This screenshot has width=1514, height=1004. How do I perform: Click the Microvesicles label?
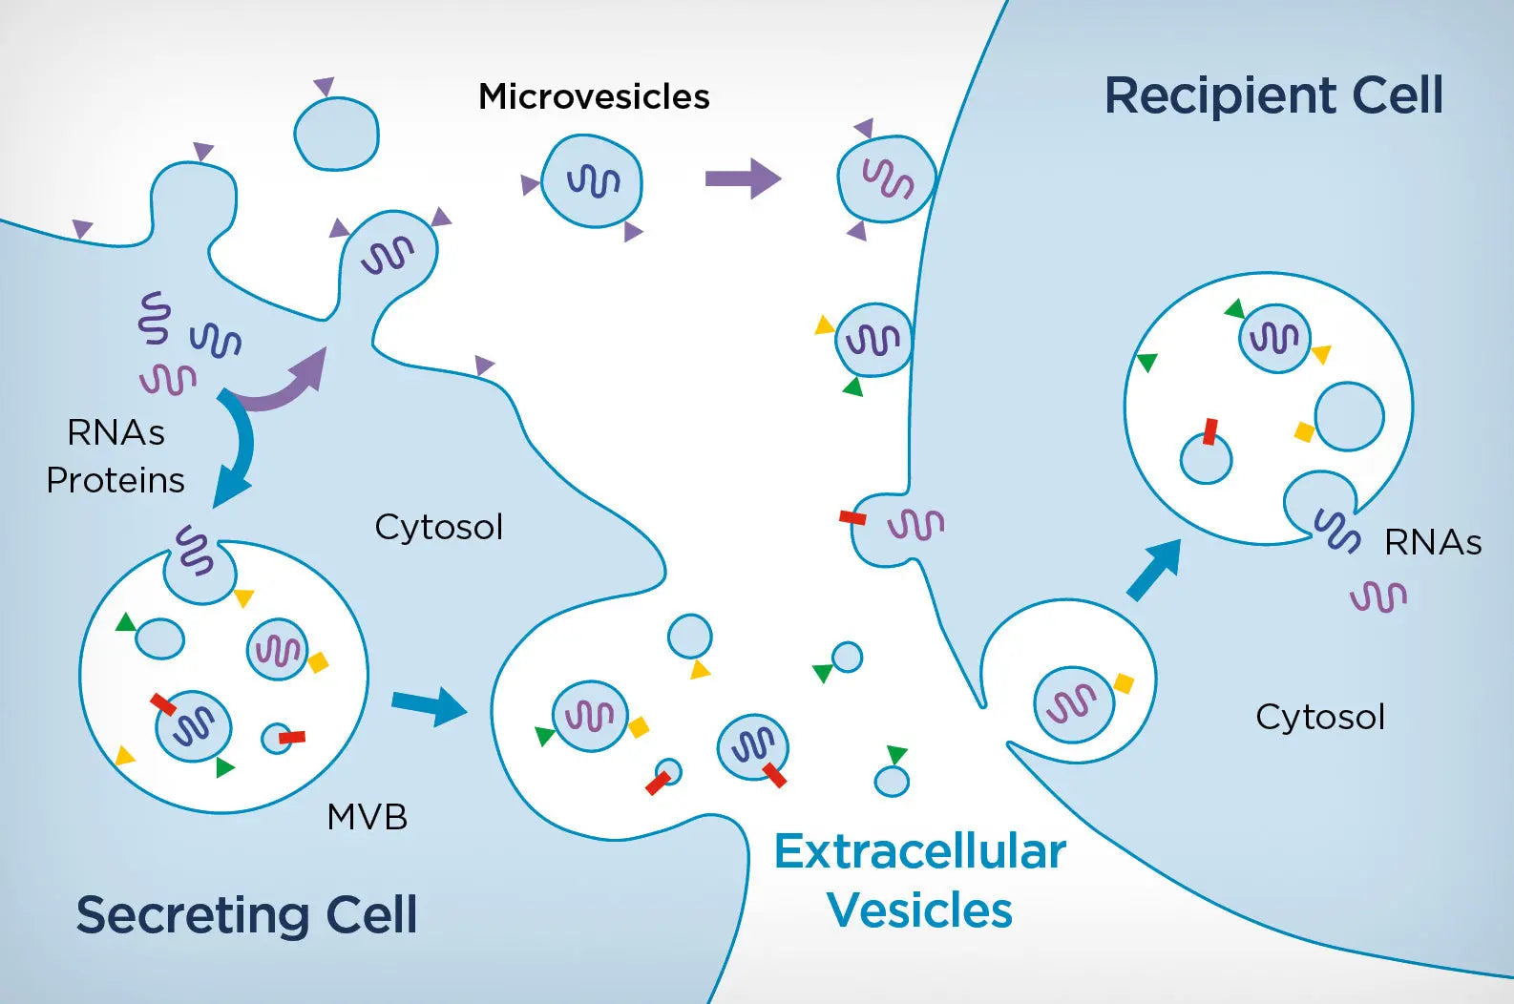point(594,97)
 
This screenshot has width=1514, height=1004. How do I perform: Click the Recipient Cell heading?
point(1273,95)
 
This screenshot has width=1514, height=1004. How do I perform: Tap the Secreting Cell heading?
point(246,914)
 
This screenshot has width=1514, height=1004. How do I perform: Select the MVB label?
point(367,817)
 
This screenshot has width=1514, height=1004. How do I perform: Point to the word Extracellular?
point(919,851)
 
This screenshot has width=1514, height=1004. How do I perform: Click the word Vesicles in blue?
point(919,910)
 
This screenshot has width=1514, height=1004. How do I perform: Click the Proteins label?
point(116,480)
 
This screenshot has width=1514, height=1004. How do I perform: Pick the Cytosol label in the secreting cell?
point(438,527)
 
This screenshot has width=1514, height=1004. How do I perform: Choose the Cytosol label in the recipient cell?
point(1319,717)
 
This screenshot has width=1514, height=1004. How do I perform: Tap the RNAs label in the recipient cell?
point(1432,543)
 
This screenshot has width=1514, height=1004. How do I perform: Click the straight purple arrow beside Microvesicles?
point(743,178)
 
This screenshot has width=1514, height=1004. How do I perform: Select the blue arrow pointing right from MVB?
point(429,705)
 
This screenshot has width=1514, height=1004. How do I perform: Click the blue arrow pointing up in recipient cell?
point(1154,570)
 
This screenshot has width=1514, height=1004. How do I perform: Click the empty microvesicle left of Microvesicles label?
point(336,135)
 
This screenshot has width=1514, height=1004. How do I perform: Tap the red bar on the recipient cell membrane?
point(852,517)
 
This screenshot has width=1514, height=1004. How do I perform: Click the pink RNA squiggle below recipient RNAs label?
point(1377,597)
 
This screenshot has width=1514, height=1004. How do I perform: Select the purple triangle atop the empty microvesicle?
point(325,86)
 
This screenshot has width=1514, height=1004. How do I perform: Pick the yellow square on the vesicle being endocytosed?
point(1124,683)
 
